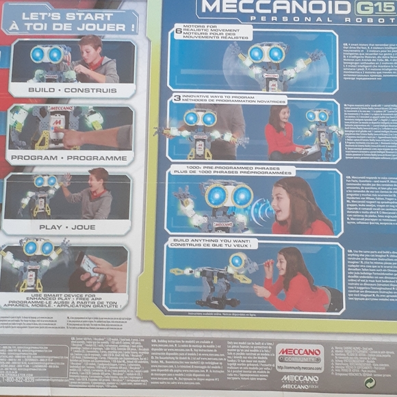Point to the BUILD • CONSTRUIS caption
71,90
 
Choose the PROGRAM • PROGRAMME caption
71,157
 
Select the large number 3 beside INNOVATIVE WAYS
177,99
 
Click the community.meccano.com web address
299,367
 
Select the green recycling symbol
370,383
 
